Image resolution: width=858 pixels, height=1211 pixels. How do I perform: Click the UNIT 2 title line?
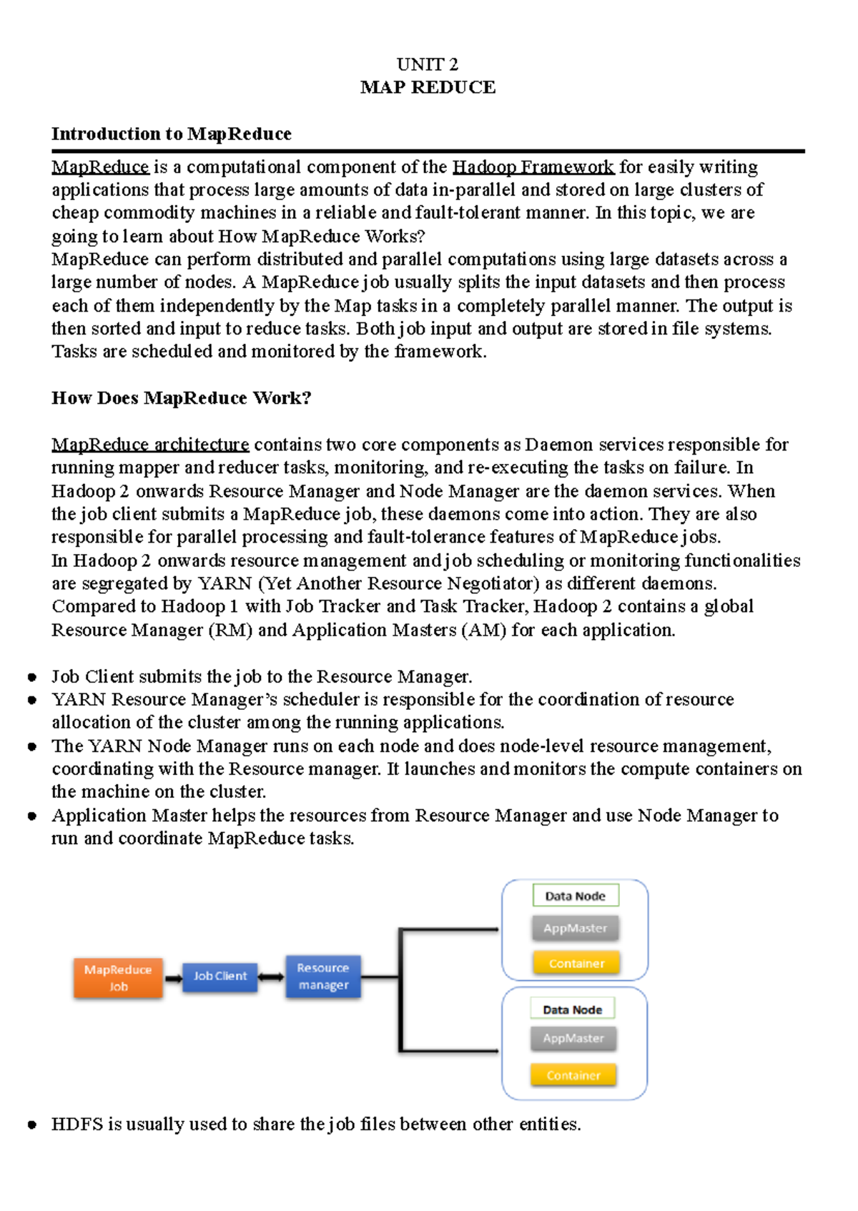point(428,64)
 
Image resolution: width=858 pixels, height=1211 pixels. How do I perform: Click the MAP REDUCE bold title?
point(428,87)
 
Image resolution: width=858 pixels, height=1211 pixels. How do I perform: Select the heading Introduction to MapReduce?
point(172,134)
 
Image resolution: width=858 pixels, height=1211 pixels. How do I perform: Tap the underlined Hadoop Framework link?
point(533,167)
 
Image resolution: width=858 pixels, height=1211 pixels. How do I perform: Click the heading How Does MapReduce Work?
point(182,397)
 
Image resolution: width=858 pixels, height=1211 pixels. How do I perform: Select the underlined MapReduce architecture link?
point(150,444)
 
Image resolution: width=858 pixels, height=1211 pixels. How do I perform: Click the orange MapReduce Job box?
point(118,978)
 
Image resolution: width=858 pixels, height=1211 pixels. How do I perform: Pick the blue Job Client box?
point(220,976)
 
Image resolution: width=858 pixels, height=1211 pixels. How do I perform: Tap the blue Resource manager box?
point(323,976)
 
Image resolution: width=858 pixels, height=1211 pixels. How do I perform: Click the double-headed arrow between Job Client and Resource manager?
point(272,977)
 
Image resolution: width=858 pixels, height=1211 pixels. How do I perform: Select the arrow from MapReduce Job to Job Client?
point(174,978)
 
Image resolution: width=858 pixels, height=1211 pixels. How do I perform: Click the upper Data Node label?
point(576,896)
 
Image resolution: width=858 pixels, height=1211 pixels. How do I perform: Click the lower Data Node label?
point(572,1009)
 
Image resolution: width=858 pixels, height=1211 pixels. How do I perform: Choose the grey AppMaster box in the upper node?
point(575,928)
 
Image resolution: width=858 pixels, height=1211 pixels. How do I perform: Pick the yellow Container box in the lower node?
point(573,1075)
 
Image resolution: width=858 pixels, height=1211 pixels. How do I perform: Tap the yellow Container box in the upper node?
point(576,963)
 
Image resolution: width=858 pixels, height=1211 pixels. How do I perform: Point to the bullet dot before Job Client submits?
point(32,677)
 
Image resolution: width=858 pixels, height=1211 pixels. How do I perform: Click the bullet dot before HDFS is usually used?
point(32,1124)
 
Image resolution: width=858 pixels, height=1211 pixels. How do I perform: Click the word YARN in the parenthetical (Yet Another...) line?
point(225,583)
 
